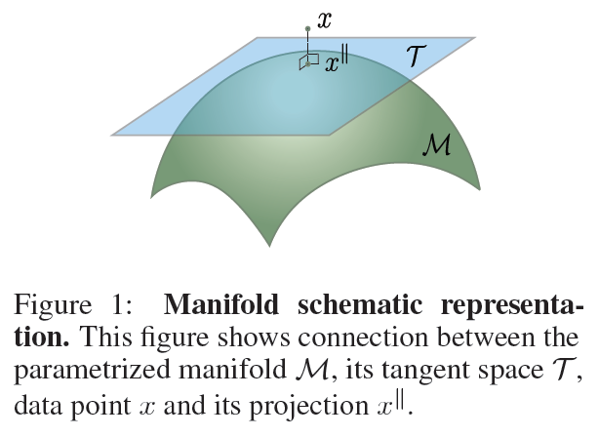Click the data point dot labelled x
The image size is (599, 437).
tap(307, 28)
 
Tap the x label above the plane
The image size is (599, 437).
tap(324, 20)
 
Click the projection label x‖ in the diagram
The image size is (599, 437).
tap(337, 61)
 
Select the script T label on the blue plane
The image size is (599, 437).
tap(416, 56)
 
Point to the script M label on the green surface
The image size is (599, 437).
tap(437, 144)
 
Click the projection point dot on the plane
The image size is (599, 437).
tap(308, 64)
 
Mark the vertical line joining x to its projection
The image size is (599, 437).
tap(307, 47)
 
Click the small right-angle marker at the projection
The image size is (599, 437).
tap(308, 61)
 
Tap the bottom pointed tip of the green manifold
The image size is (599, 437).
tap(269, 247)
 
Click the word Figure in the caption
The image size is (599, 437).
tap(53, 305)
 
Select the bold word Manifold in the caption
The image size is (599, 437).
tap(221, 305)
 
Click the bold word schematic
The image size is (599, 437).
tap(360, 305)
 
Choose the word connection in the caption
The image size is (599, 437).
tap(363, 338)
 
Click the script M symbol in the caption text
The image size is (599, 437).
tap(313, 370)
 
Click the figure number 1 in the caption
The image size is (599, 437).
tap(121, 305)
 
